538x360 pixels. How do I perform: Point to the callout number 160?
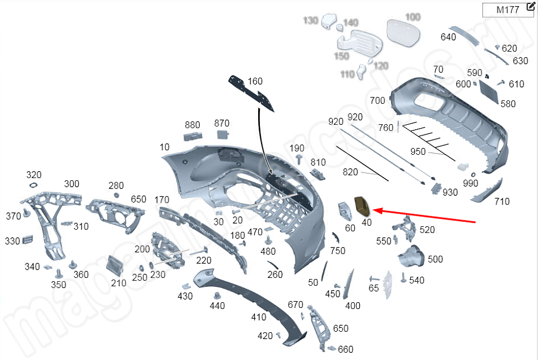(x=255, y=81)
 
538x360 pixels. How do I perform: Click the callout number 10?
(x=164, y=147)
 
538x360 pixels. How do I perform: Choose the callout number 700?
(x=377, y=100)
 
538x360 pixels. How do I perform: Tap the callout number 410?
(x=259, y=317)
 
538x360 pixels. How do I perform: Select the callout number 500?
(x=435, y=259)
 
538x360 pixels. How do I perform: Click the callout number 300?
(x=72, y=184)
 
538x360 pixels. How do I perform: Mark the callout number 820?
(x=350, y=172)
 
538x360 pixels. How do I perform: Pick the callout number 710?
(x=501, y=201)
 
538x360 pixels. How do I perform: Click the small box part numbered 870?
(x=223, y=134)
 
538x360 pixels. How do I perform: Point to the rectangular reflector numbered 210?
(x=115, y=265)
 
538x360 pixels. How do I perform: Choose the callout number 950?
(x=418, y=151)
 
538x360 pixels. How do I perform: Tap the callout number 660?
(x=345, y=349)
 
